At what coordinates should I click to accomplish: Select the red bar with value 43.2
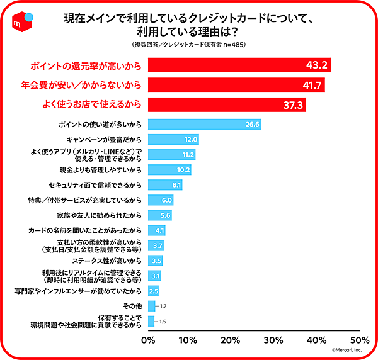pos(239,65)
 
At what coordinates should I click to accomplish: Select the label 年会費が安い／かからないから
pos(83,84)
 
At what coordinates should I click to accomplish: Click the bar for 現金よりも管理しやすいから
pos(169,170)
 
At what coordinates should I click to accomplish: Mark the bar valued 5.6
pos(159,215)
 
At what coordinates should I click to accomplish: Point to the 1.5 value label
pos(163,321)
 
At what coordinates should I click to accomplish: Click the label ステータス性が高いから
pos(109,261)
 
